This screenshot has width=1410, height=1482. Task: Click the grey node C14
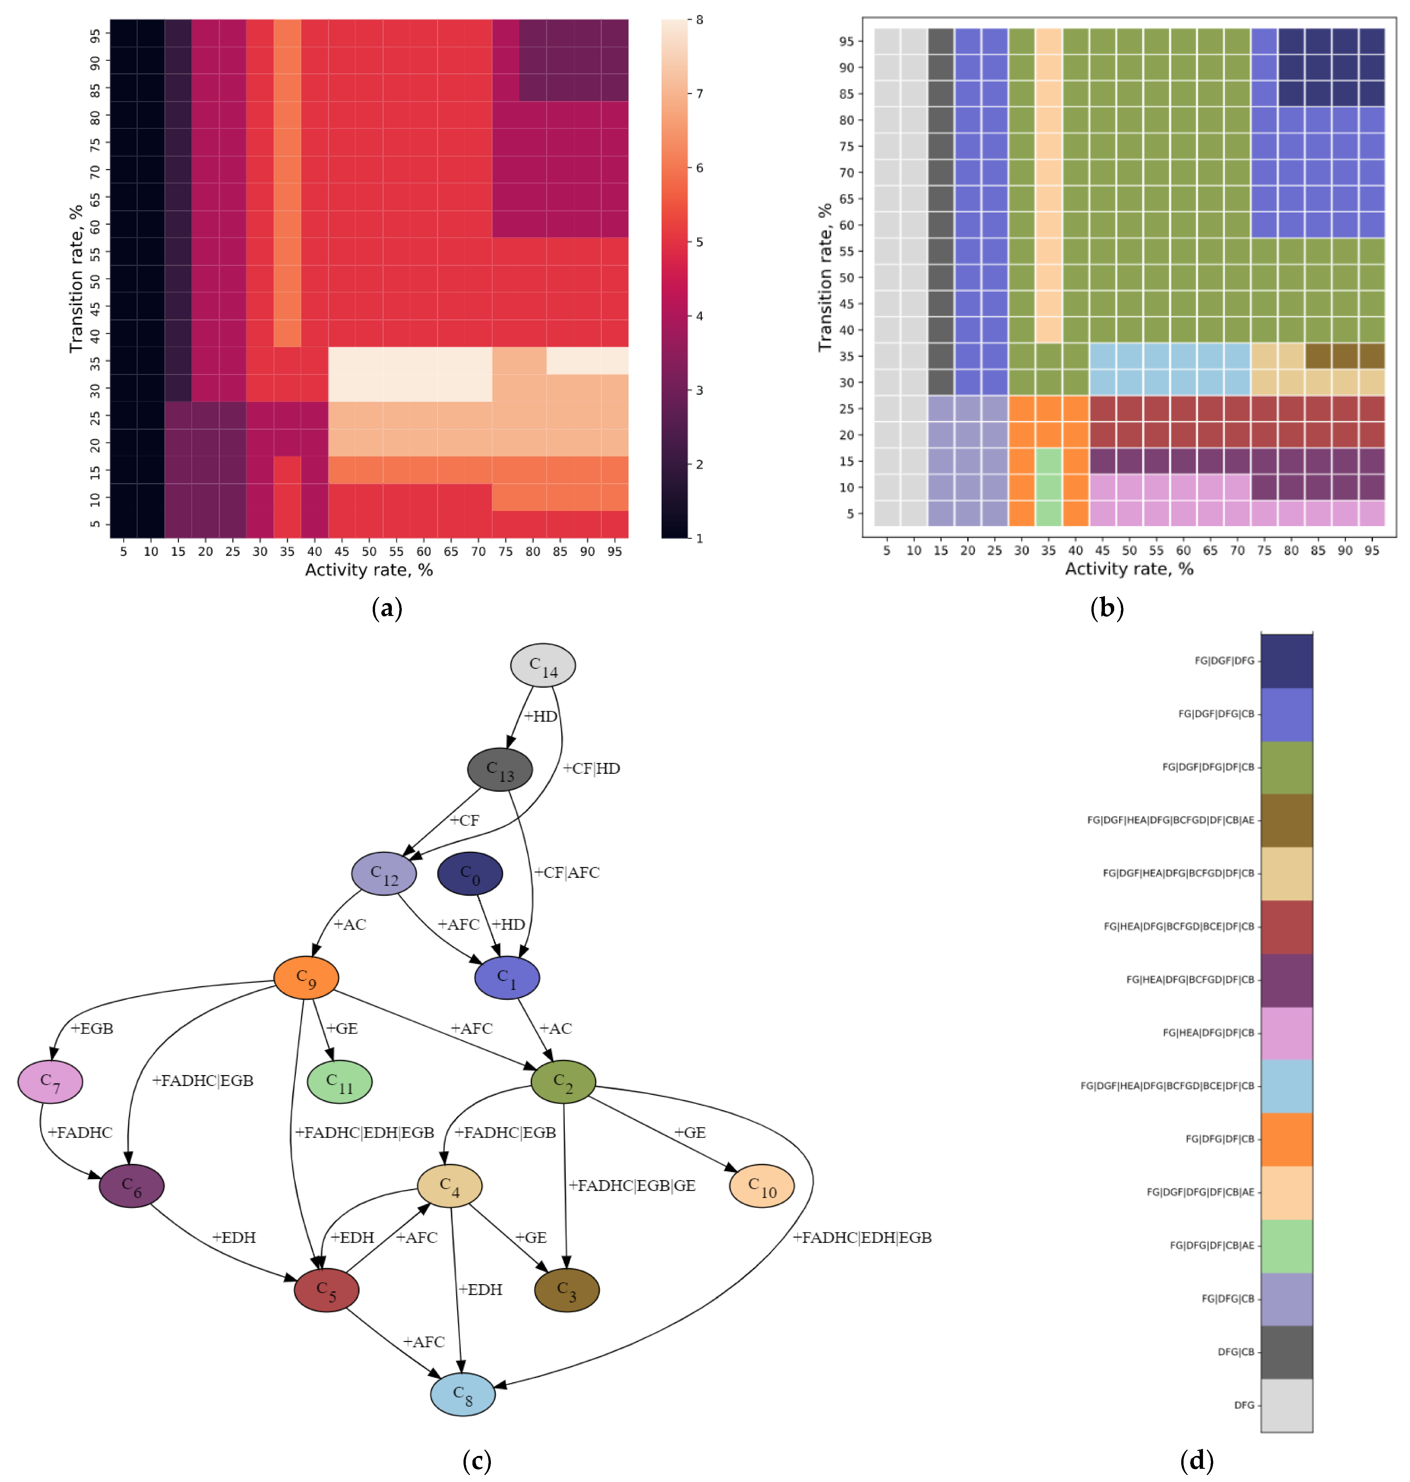pos(543,665)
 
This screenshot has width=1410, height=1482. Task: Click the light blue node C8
pos(462,1394)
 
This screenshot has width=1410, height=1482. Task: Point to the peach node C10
pos(761,1186)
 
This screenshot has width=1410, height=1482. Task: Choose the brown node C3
pos(567,1289)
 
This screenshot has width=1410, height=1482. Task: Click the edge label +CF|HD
pos(592,769)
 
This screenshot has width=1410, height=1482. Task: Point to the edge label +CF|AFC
pos(567,872)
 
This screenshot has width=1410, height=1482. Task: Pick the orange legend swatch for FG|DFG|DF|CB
pos(1286,1139)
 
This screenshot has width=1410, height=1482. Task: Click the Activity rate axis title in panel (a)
pos(368,570)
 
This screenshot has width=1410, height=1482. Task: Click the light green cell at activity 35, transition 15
pos(1049,461)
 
